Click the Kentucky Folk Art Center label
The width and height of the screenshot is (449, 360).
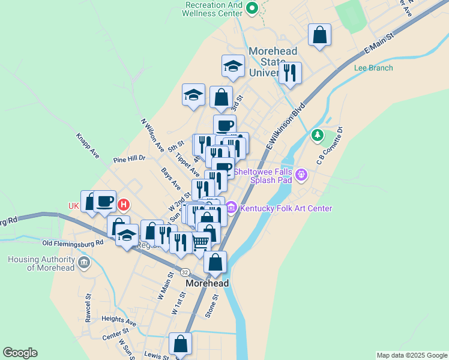pos(286,209)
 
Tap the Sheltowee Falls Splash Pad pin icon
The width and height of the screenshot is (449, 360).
pos(301,175)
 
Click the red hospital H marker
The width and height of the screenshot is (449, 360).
pos(123,205)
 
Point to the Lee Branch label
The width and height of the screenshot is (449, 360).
pos(373,68)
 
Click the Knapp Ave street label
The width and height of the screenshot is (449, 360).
pos(88,145)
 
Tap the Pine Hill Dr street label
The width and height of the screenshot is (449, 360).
pos(129,160)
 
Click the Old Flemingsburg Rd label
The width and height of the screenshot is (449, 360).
pos(73,243)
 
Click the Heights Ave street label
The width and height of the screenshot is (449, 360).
pos(119,320)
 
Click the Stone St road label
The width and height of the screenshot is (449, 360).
pos(211,305)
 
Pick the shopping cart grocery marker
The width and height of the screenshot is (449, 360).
pos(200,242)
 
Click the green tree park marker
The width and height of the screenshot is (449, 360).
pos(317,136)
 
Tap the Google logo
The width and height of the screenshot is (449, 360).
pos(20,353)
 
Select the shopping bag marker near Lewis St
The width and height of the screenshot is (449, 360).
pos(180,345)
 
